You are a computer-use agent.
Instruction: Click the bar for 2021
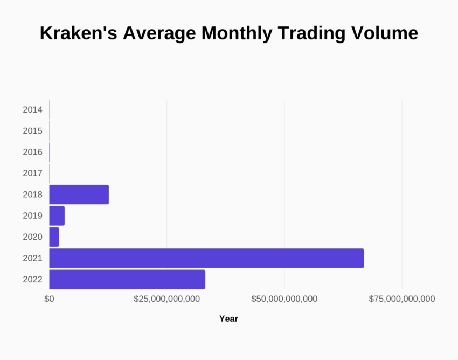[x=206, y=258]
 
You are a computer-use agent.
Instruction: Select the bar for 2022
[x=127, y=279]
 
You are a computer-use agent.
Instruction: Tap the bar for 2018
[x=79, y=195]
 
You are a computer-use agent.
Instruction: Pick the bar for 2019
[x=57, y=216]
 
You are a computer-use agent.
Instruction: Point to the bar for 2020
[x=54, y=237]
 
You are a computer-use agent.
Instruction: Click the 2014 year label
[x=32, y=110]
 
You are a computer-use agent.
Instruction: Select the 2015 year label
[x=32, y=131]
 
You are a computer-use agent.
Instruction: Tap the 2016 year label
[x=32, y=152]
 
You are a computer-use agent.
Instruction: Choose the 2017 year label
[x=32, y=174]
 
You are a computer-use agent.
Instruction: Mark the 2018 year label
[x=32, y=195]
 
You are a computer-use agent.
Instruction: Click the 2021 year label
[x=32, y=258]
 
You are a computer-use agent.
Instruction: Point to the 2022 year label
[x=32, y=279]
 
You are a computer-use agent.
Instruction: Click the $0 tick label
[x=49, y=299]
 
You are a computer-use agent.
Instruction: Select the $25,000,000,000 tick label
[x=166, y=299]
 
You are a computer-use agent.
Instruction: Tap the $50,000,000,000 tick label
[x=284, y=299]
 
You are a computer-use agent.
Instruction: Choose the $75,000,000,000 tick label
[x=402, y=299]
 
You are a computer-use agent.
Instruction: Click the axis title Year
[x=228, y=319]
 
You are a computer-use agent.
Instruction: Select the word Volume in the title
[x=385, y=33]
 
